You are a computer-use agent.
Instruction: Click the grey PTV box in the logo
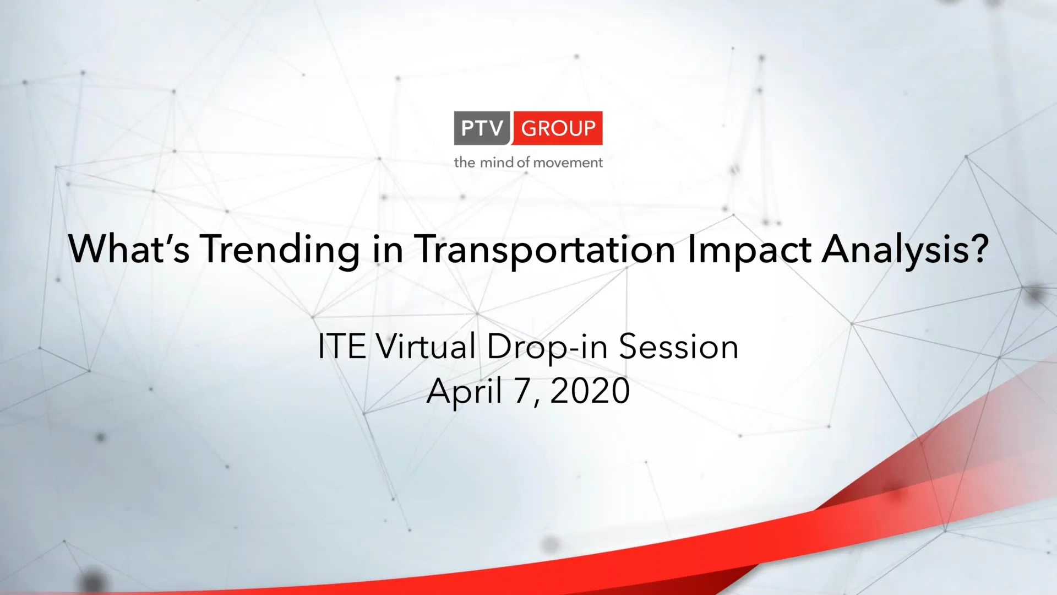coord(482,128)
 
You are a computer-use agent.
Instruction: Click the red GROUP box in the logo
coord(558,128)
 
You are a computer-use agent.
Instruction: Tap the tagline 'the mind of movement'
coord(528,163)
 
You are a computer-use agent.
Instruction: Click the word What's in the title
coord(129,249)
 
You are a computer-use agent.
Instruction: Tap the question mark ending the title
coord(979,249)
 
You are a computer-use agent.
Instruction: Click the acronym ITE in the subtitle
coord(342,347)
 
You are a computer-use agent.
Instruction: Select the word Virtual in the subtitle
coord(426,347)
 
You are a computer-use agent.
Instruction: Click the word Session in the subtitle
coord(678,347)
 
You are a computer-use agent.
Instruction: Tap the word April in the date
coord(464,392)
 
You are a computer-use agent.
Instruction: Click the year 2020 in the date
coord(590,391)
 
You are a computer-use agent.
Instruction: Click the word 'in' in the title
coord(388,249)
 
